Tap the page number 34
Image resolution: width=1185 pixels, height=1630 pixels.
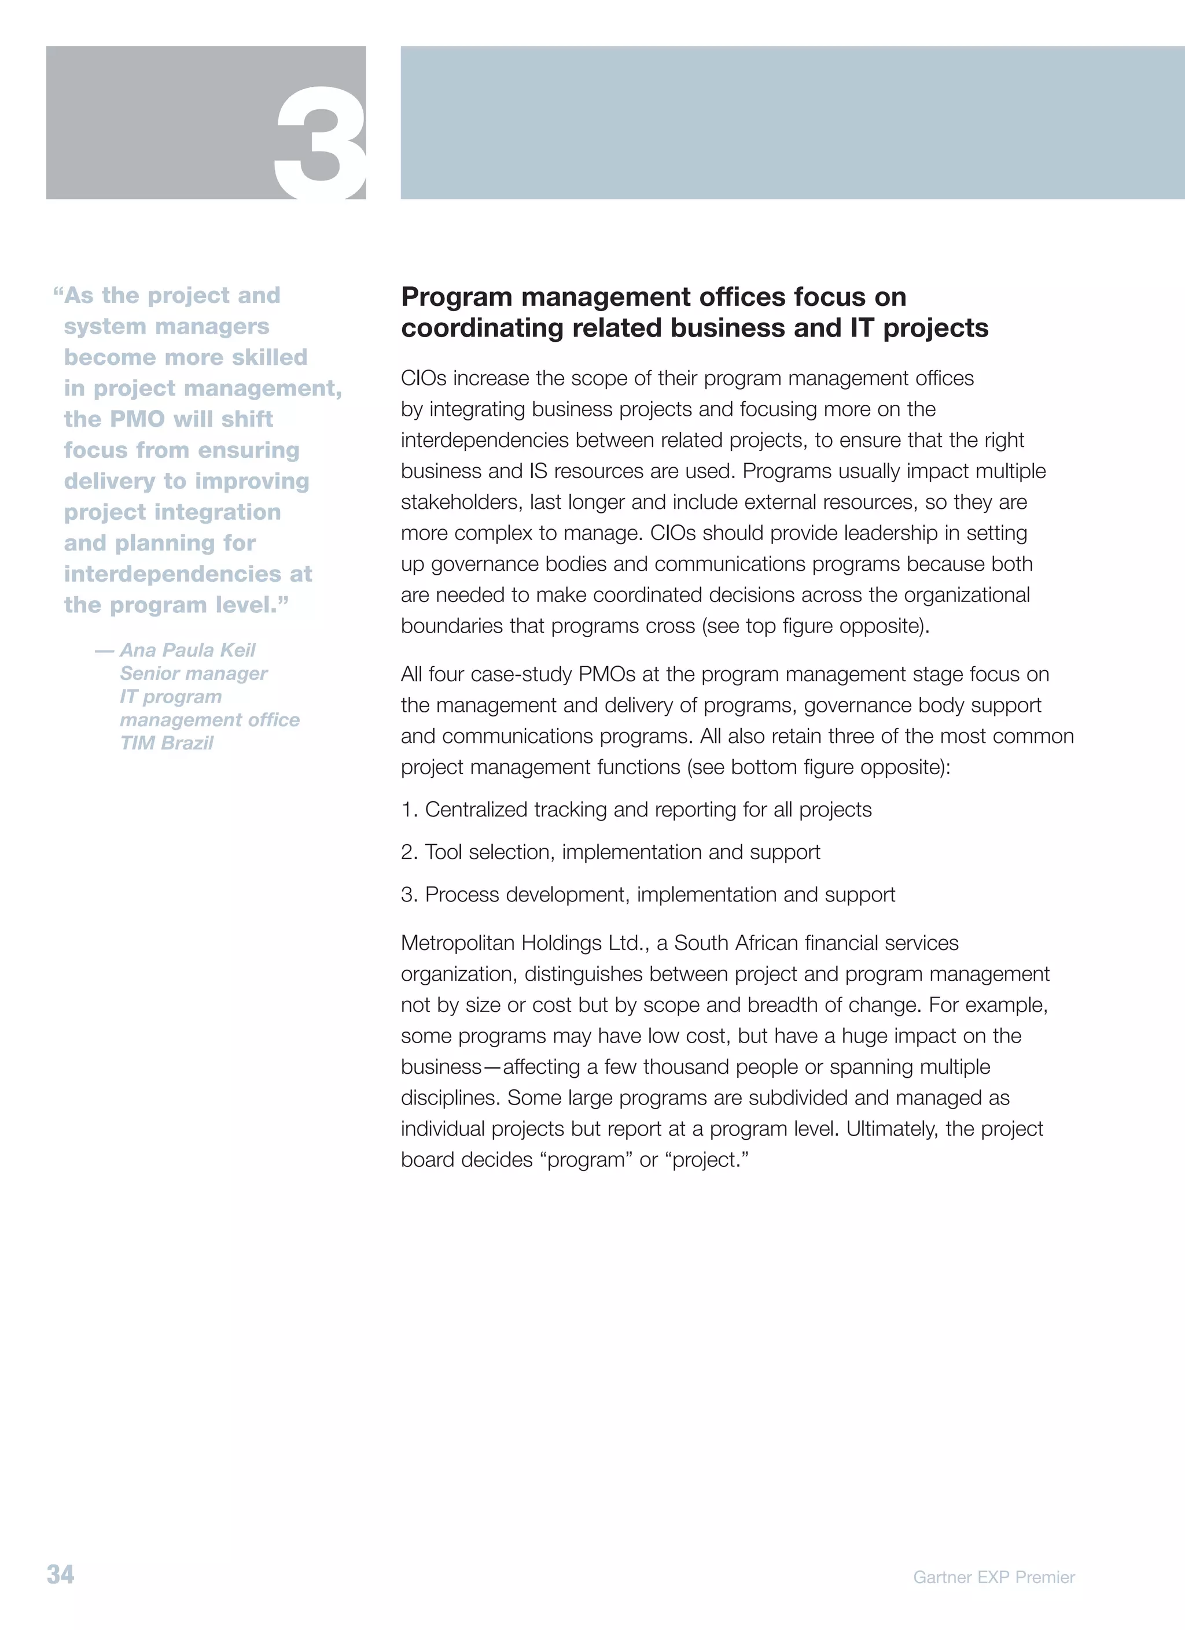click(60, 1574)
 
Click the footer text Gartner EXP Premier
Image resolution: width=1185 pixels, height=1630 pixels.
click(993, 1577)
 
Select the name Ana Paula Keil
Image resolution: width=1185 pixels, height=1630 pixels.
click(187, 650)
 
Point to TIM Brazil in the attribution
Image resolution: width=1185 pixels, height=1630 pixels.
click(167, 743)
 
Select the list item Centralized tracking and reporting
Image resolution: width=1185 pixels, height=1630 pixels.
click(636, 810)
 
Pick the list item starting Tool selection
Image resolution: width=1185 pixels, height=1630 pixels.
click(610, 852)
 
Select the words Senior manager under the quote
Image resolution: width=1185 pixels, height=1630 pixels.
click(193, 674)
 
